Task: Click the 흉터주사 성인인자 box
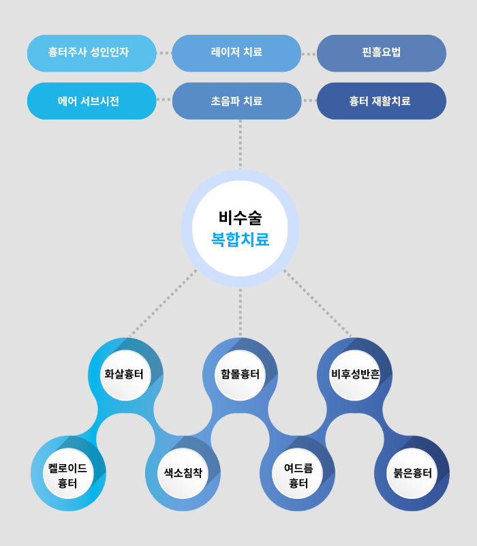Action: (91, 53)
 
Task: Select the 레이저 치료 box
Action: (236, 53)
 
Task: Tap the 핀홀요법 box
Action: (382, 53)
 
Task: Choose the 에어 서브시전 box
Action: (91, 101)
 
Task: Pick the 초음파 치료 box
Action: (236, 101)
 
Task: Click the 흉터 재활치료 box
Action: (382, 101)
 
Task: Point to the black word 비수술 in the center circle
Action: (240, 218)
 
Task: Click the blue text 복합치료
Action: (240, 240)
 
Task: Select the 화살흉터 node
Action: (125, 375)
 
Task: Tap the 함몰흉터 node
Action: (240, 375)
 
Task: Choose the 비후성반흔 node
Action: (354, 375)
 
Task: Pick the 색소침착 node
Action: (183, 473)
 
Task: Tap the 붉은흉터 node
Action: (412, 473)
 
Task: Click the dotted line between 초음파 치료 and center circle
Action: (240, 145)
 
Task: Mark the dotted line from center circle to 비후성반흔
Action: (318, 303)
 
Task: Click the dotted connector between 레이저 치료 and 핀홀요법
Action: (309, 54)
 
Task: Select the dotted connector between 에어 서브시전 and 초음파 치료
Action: (164, 100)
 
